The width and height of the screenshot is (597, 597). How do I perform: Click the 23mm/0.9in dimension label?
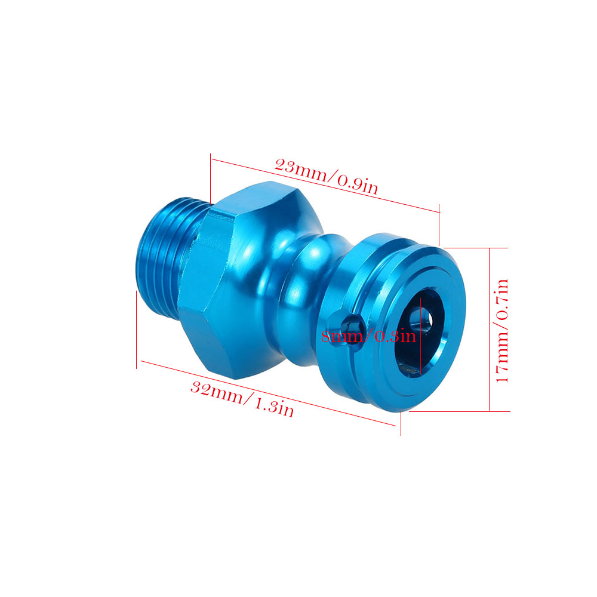point(326,176)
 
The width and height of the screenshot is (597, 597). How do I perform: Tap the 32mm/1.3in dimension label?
point(242,399)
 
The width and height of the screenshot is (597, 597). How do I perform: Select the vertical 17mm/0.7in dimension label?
point(502,331)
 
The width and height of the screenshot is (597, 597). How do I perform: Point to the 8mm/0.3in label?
point(368,337)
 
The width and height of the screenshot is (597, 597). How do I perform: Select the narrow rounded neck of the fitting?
point(301,301)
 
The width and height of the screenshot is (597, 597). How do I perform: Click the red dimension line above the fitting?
point(325,185)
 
